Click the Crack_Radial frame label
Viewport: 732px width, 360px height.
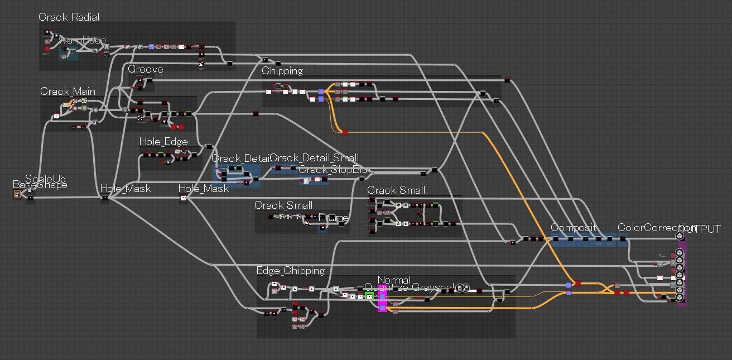[69, 17]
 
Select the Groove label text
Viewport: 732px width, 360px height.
[146, 69]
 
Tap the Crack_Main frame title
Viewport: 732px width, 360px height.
[68, 92]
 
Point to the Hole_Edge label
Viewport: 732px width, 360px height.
[163, 142]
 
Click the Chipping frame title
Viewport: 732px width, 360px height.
[282, 71]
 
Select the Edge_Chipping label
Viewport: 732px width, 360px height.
[290, 271]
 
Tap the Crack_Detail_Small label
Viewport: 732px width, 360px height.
[315, 158]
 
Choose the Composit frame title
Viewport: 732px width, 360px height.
[574, 228]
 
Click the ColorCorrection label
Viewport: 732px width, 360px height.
[647, 228]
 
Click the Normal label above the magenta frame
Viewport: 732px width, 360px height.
[394, 280]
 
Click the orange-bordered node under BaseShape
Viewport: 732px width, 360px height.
[17, 194]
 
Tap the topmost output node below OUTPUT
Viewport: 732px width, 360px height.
[680, 237]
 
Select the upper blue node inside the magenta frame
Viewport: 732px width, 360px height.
[382, 295]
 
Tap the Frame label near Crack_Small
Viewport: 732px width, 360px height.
[333, 218]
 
